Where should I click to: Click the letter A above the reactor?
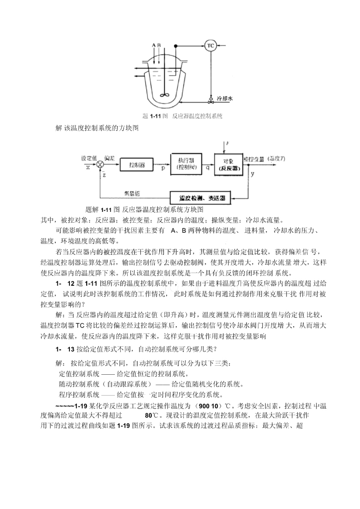click(x=154, y=45)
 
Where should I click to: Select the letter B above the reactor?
click(x=159, y=45)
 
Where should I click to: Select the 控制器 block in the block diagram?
click(x=137, y=165)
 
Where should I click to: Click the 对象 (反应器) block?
click(x=229, y=164)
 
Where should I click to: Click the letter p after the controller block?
click(x=163, y=168)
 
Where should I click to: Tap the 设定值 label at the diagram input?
click(x=89, y=158)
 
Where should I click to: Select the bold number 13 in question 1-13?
click(x=70, y=349)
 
